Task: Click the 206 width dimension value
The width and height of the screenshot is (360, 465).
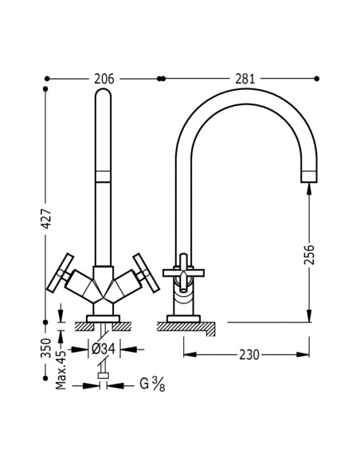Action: [104, 78]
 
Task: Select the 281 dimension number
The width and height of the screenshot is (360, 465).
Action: [245, 78]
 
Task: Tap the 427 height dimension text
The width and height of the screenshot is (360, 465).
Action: [47, 218]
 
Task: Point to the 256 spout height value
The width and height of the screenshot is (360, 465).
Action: [309, 254]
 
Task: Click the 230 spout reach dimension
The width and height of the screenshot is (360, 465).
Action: [249, 354]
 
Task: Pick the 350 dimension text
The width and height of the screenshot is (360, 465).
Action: [47, 348]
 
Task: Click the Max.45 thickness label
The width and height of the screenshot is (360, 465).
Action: [61, 372]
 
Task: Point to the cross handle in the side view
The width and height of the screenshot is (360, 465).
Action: [184, 273]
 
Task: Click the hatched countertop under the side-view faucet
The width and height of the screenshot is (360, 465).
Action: [190, 326]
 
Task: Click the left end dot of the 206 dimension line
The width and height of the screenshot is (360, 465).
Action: [48, 78]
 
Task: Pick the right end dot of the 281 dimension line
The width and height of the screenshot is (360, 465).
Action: [317, 78]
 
